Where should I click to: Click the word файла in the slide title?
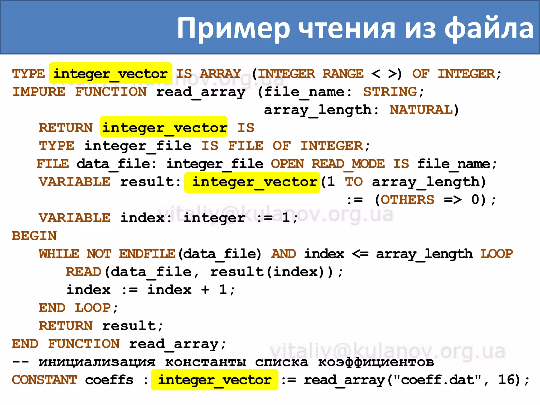[489, 28]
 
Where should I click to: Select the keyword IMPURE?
[39, 92]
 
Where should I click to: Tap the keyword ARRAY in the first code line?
[220, 74]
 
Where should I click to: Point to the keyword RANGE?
[343, 74]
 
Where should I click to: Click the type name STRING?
[390, 92]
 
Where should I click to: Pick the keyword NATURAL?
[421, 110]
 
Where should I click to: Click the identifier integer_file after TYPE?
[138, 146]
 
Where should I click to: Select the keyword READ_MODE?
[348, 164]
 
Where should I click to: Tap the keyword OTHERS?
[407, 200]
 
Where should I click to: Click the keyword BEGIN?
[34, 236]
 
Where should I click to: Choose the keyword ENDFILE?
[147, 254]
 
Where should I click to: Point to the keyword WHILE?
[59, 254]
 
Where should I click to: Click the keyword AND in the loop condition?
[284, 254]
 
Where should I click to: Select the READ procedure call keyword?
[84, 272]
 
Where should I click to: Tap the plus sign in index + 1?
[205, 290]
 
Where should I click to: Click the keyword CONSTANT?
[44, 380]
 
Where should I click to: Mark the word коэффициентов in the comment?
[376, 362]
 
